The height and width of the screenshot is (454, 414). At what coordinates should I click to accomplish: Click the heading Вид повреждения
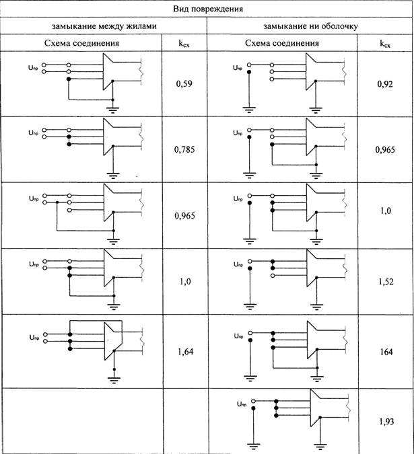point(208,9)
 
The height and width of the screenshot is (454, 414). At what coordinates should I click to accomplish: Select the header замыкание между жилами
point(104,26)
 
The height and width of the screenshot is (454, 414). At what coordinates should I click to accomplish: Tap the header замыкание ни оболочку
point(310,26)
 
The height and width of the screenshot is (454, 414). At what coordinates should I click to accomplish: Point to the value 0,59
point(184,83)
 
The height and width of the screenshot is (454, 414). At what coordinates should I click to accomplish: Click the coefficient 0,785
point(184,149)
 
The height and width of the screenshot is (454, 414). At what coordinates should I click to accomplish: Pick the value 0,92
point(385,83)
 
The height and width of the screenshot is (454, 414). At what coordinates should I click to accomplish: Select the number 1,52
point(386,281)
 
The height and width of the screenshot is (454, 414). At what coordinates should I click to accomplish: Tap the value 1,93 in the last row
point(386,421)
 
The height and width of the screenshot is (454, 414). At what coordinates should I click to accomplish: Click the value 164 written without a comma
point(386,352)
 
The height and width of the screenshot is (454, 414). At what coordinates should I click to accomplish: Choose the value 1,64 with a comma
point(185,352)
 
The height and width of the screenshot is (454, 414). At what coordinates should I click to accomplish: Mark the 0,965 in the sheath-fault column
point(385,149)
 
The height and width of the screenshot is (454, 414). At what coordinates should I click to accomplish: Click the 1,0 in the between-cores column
point(185,281)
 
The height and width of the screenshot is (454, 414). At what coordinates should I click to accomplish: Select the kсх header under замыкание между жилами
point(184,44)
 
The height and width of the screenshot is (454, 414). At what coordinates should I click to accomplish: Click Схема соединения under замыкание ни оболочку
point(282,43)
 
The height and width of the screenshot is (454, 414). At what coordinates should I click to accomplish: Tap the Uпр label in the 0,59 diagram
point(33,68)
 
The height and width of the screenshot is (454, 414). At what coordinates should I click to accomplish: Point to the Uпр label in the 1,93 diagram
point(242,404)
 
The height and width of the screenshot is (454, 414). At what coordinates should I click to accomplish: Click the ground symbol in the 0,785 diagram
point(113,176)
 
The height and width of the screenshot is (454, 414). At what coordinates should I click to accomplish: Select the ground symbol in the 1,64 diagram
point(114,380)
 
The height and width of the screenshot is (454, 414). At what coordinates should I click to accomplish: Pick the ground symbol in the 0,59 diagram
point(112,110)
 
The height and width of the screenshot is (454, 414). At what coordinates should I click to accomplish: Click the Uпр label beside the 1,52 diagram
point(238,264)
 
